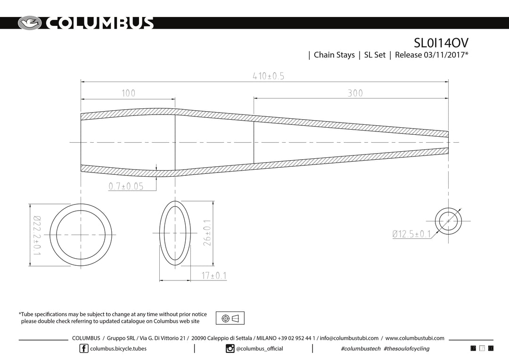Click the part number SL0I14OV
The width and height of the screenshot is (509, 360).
pyautogui.click(x=441, y=42)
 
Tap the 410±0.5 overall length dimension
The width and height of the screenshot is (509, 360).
pyautogui.click(x=269, y=76)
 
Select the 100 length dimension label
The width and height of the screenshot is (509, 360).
pyautogui.click(x=128, y=93)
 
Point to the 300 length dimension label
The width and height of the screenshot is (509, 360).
pyautogui.click(x=355, y=93)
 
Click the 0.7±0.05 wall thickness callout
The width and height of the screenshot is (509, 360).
pyautogui.click(x=126, y=186)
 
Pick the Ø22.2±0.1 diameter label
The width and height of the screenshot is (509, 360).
pyautogui.click(x=37, y=235)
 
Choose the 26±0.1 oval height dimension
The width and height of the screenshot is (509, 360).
pyautogui.click(x=207, y=233)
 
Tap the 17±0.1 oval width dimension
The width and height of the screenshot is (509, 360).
pyautogui.click(x=214, y=276)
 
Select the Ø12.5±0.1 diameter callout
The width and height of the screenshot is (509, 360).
pyautogui.click(x=411, y=234)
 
